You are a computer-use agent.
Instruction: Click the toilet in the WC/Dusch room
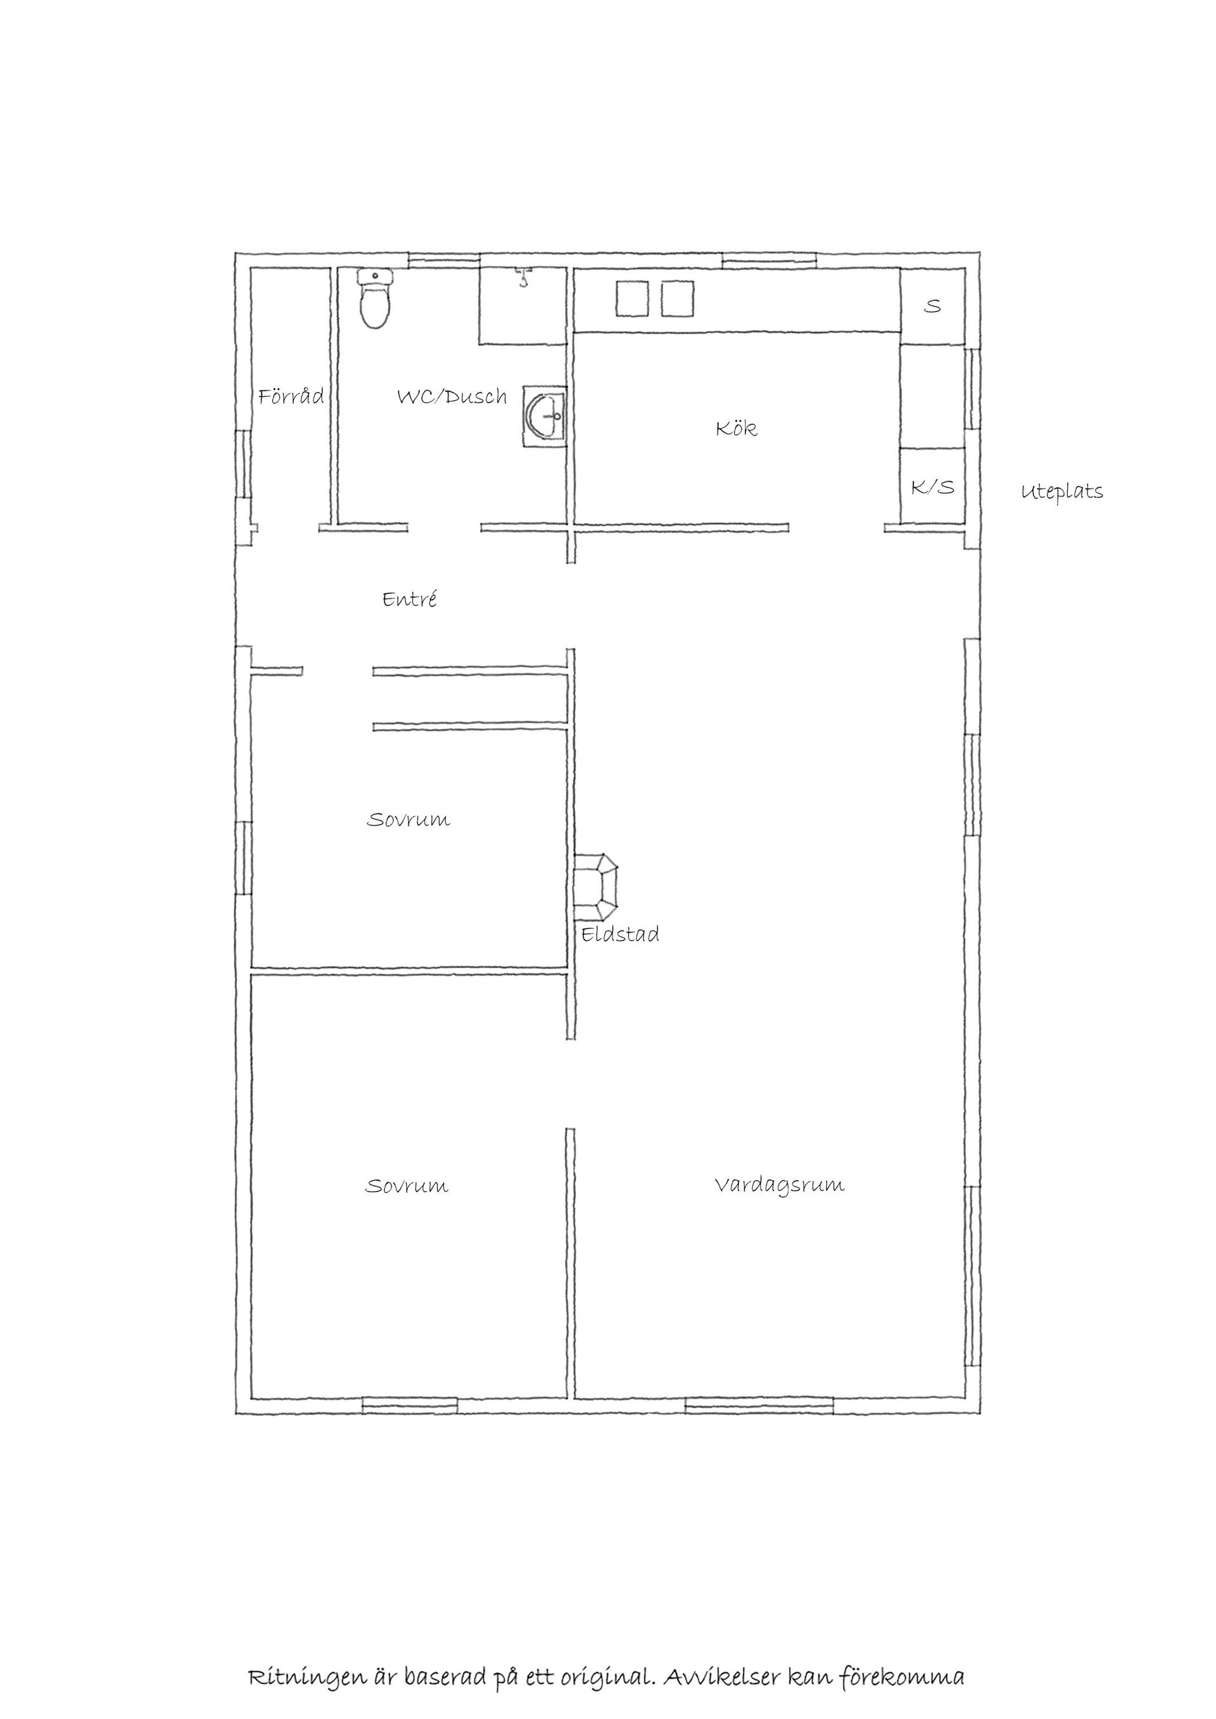[375, 299]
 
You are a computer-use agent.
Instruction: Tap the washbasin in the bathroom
[545, 416]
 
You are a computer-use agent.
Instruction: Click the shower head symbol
[522, 278]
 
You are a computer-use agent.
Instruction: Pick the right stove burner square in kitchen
[678, 299]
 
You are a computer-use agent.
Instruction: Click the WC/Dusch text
[452, 396]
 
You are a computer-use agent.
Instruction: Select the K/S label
[933, 488]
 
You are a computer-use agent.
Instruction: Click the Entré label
[410, 599]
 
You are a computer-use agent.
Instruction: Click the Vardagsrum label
[780, 1185]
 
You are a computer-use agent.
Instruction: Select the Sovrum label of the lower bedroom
[407, 1186]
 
